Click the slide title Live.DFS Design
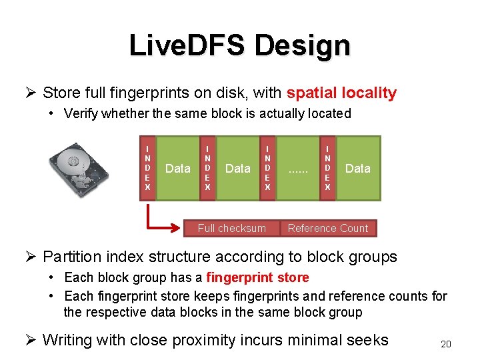239,45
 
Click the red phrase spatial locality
341,93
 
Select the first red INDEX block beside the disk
147,168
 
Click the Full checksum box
231,228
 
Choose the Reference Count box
327,228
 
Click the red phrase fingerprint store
257,277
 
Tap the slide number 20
446,344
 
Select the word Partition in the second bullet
73,257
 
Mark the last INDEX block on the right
327,168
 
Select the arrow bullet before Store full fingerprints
29,93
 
